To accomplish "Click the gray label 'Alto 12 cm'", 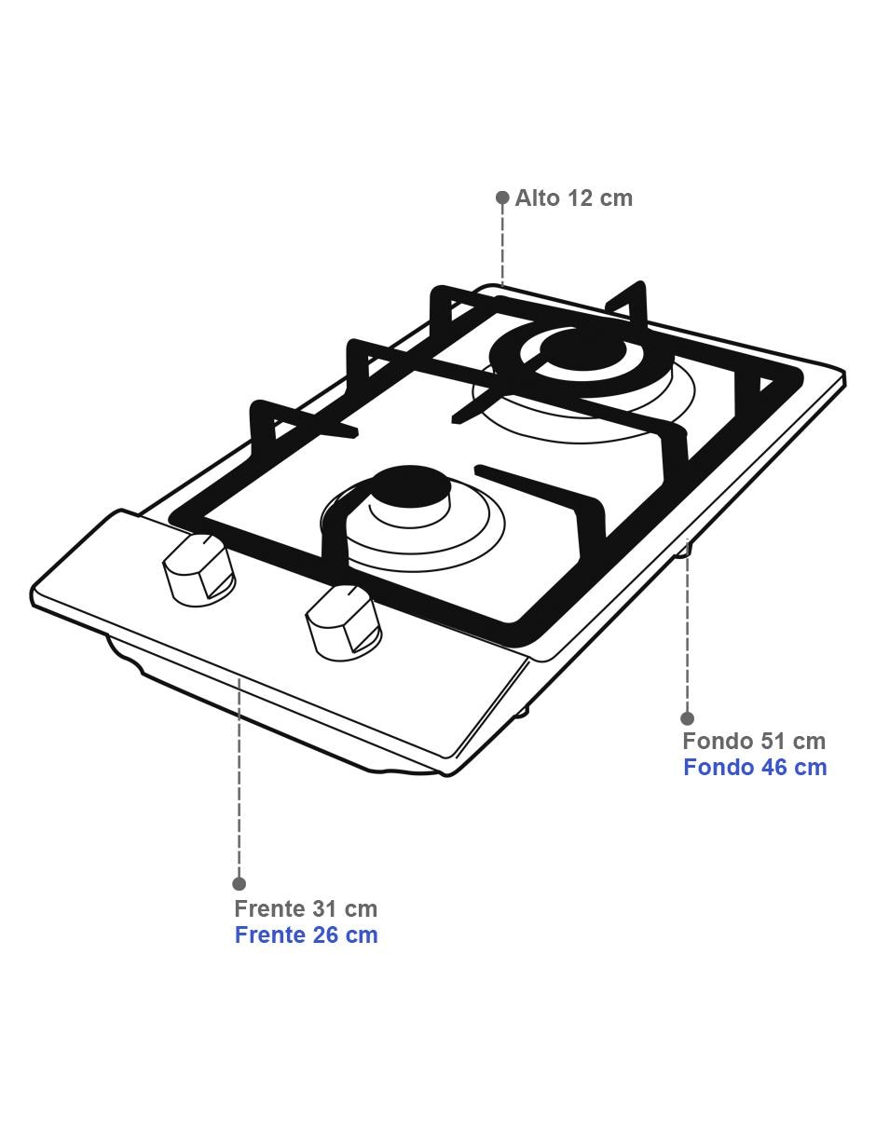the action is [x=573, y=198].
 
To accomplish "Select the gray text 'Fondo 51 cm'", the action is [x=754, y=741].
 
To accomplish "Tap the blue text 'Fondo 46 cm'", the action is [x=755, y=767].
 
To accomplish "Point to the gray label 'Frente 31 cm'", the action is [x=306, y=908].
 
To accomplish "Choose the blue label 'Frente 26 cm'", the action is [x=307, y=934].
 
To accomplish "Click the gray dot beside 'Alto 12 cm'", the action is [x=502, y=198].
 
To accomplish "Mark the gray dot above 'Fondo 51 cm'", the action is [x=688, y=718].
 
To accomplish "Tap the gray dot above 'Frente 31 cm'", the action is [x=240, y=883].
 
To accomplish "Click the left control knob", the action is [x=198, y=570].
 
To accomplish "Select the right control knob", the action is [x=344, y=622].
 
